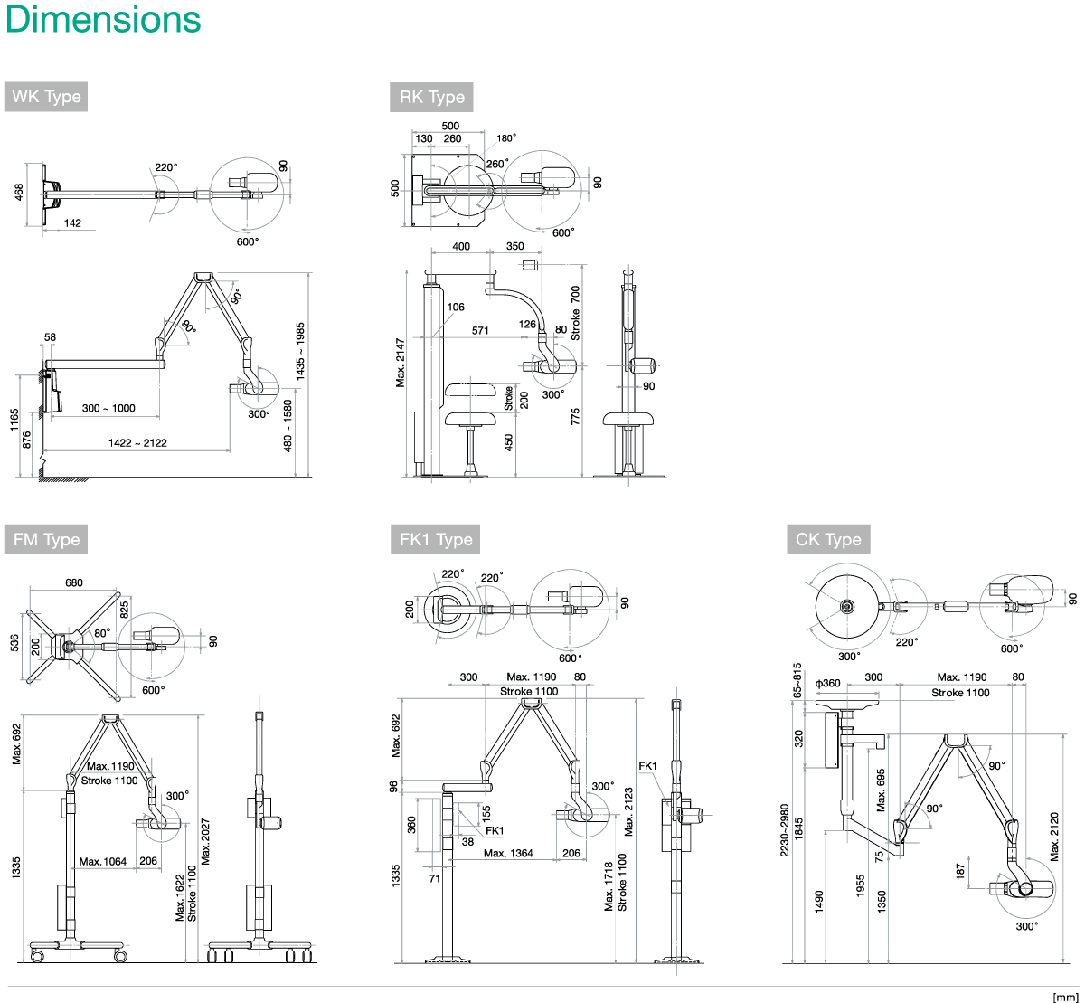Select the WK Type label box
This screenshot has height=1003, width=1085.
click(46, 97)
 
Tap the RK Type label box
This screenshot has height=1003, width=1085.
click(431, 97)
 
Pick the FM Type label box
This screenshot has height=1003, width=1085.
click(46, 540)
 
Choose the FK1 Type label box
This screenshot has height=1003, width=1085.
click(436, 540)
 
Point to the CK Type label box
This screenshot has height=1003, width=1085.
click(828, 540)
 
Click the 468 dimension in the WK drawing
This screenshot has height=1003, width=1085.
click(19, 193)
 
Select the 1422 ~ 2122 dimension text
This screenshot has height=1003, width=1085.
click(137, 442)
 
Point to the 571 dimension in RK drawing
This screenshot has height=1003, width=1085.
click(480, 331)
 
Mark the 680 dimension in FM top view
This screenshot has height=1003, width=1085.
click(74, 583)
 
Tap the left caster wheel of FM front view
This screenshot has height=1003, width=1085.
click(37, 956)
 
